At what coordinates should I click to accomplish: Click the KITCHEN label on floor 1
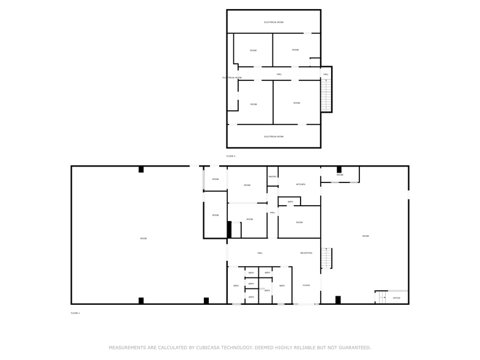(301, 184)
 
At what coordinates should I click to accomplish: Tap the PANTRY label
(272, 177)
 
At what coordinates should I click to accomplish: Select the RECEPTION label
(306, 253)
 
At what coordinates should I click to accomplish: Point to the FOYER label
(306, 285)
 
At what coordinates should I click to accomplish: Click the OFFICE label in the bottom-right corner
(397, 298)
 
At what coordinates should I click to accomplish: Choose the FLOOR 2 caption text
(231, 156)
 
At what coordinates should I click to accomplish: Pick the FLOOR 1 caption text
(75, 313)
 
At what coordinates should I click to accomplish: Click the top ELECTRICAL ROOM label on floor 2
(274, 22)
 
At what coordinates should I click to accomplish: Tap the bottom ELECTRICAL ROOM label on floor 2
(274, 137)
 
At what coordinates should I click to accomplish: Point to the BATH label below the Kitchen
(290, 201)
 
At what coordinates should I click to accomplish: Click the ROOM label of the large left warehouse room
(143, 238)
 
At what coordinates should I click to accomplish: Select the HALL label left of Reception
(260, 253)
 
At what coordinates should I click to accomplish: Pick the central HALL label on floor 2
(279, 74)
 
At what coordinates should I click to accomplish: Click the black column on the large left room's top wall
(141, 169)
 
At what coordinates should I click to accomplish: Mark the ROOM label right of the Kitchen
(340, 175)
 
